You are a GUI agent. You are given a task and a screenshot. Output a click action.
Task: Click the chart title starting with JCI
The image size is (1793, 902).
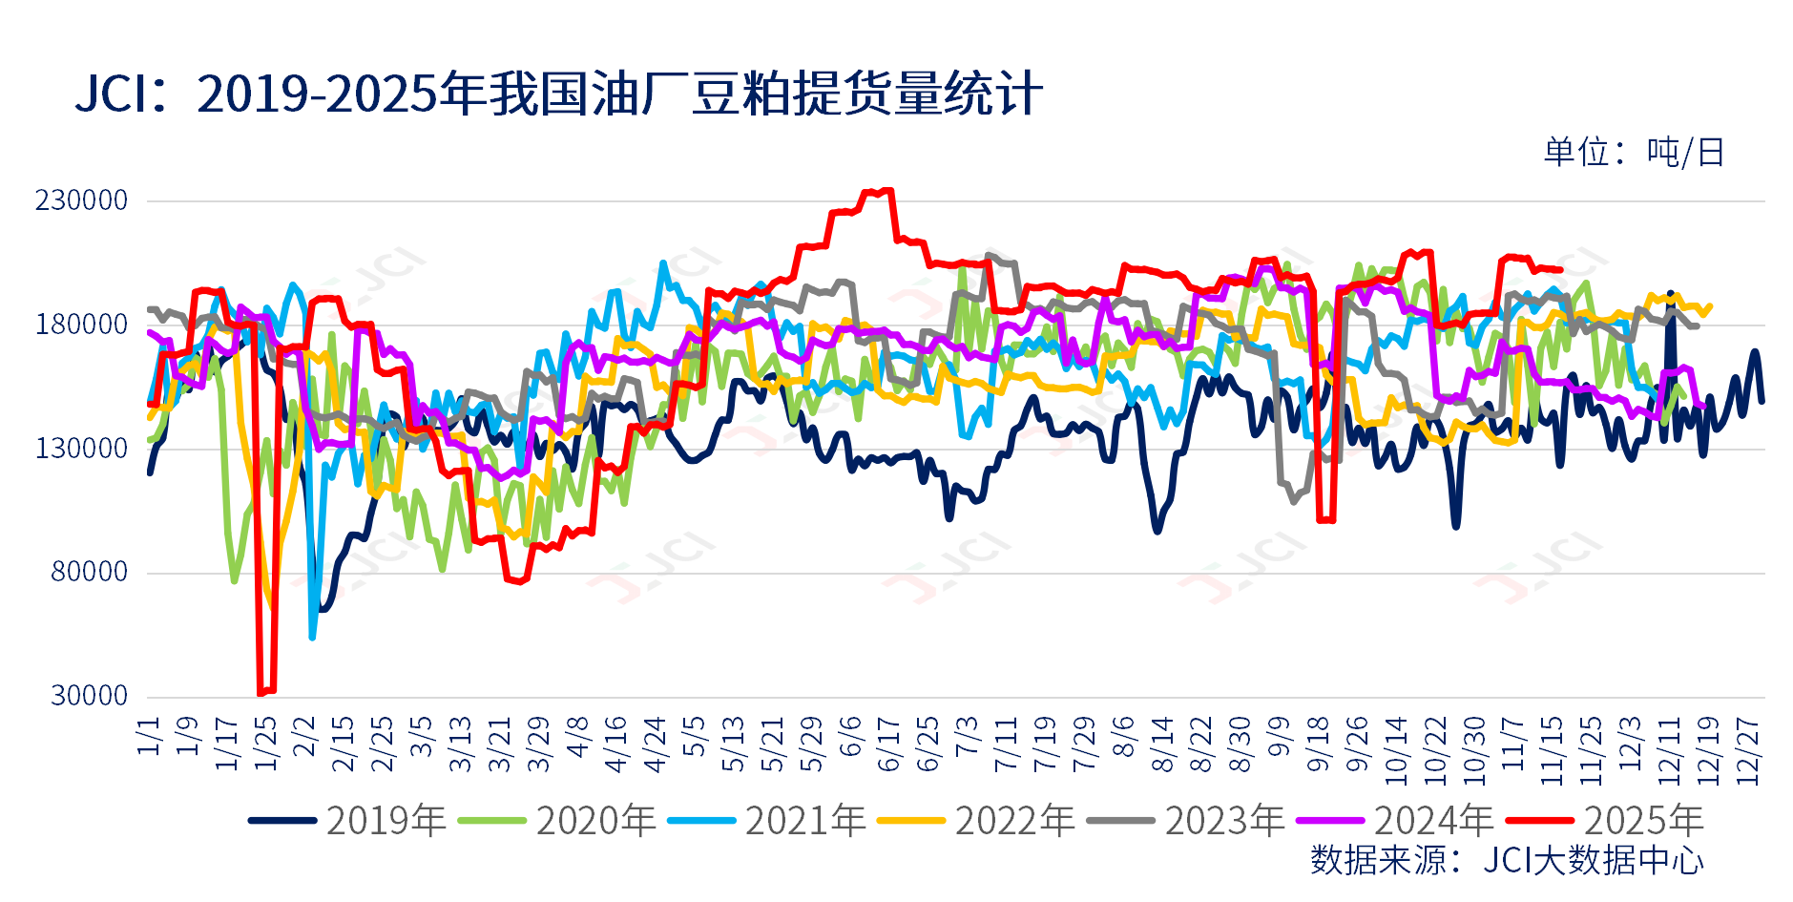point(558,94)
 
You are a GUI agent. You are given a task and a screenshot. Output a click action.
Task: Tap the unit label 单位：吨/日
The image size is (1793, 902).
point(1634,153)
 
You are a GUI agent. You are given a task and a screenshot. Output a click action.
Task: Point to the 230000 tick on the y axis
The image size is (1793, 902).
point(82,200)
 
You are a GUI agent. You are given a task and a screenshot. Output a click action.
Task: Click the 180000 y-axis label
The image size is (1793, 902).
point(82,325)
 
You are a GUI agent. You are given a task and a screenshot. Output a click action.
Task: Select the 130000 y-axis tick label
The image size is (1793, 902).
point(82,449)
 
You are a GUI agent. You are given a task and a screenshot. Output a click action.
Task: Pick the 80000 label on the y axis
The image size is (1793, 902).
point(90,573)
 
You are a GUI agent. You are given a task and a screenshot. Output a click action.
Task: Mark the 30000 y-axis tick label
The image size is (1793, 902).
point(90,696)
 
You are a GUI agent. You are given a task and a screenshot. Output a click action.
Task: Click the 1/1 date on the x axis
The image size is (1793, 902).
point(150,736)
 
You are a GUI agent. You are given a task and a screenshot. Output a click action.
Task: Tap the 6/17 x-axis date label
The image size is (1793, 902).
point(889,745)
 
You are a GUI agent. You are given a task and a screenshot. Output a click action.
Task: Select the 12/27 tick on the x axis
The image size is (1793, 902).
point(1747,751)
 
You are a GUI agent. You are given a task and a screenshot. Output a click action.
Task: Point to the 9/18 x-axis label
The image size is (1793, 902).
point(1318,745)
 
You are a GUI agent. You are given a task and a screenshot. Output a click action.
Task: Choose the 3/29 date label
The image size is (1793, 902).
point(539,745)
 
